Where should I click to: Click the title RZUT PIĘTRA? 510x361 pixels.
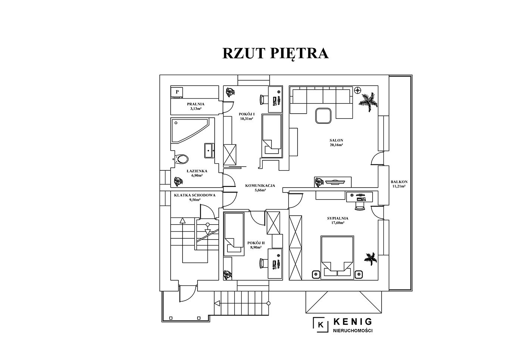tap(276, 53)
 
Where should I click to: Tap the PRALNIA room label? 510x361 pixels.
tap(196, 104)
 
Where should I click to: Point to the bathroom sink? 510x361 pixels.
tap(208, 151)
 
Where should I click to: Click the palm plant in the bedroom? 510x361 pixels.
tap(370, 258)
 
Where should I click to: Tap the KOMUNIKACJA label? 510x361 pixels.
tap(260, 185)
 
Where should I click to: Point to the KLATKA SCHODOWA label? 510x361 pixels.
tap(195, 195)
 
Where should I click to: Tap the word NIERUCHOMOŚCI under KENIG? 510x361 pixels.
tap(352, 330)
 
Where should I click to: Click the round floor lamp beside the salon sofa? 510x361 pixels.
tap(358, 90)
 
